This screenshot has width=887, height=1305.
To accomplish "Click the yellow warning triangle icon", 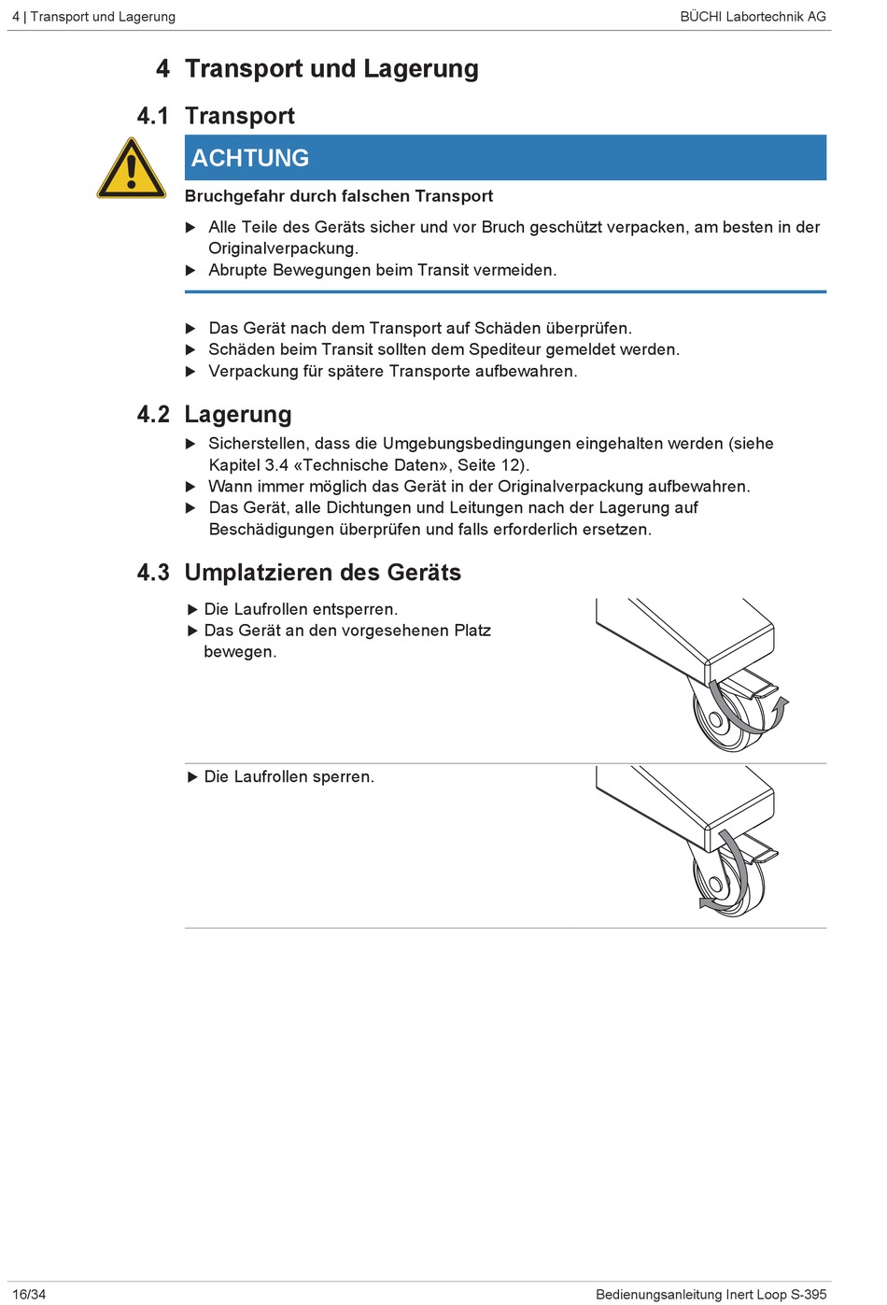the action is coord(131,168).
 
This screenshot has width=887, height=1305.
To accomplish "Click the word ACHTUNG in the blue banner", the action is coord(250,158).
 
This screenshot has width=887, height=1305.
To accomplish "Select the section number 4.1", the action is coord(152,116).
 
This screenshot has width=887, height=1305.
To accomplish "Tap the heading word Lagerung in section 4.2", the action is coord(238,415).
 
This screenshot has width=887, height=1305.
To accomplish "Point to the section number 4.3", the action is coord(153,573).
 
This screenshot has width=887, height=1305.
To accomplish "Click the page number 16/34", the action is coord(29,1295).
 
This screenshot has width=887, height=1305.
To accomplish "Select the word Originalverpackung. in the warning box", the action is coord(284,248).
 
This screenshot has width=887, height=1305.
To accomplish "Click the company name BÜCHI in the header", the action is coord(700,16).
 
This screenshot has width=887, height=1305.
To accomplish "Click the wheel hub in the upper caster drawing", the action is coord(716,720).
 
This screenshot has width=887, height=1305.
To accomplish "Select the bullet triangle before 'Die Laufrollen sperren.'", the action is coord(192,777).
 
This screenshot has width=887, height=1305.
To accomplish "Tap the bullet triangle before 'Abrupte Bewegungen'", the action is coord(190,270).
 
